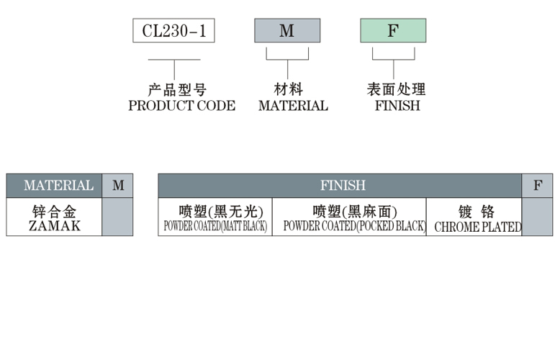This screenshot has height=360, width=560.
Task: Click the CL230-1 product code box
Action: pyautogui.click(x=173, y=31)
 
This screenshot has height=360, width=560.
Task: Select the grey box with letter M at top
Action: pyautogui.click(x=286, y=31)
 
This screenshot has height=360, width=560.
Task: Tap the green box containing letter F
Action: pyautogui.click(x=392, y=31)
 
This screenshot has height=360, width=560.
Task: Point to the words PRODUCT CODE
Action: pyautogui.click(x=181, y=106)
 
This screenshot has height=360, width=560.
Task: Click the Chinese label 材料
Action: pyautogui.click(x=288, y=90)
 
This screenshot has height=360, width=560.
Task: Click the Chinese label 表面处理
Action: pyautogui.click(x=396, y=90)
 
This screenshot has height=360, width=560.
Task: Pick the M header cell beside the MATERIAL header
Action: pyautogui.click(x=118, y=186)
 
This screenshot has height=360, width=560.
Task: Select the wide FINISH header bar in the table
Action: pyautogui.click(x=343, y=186)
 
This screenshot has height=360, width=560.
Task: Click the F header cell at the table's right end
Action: pyautogui.click(x=538, y=186)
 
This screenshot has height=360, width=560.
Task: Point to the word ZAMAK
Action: pyautogui.click(x=55, y=225)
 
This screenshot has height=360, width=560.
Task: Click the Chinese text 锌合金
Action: pyautogui.click(x=55, y=212)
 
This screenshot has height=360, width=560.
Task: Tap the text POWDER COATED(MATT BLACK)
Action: pyautogui.click(x=215, y=226)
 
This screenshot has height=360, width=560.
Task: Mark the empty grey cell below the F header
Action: pyautogui.click(x=538, y=217)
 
